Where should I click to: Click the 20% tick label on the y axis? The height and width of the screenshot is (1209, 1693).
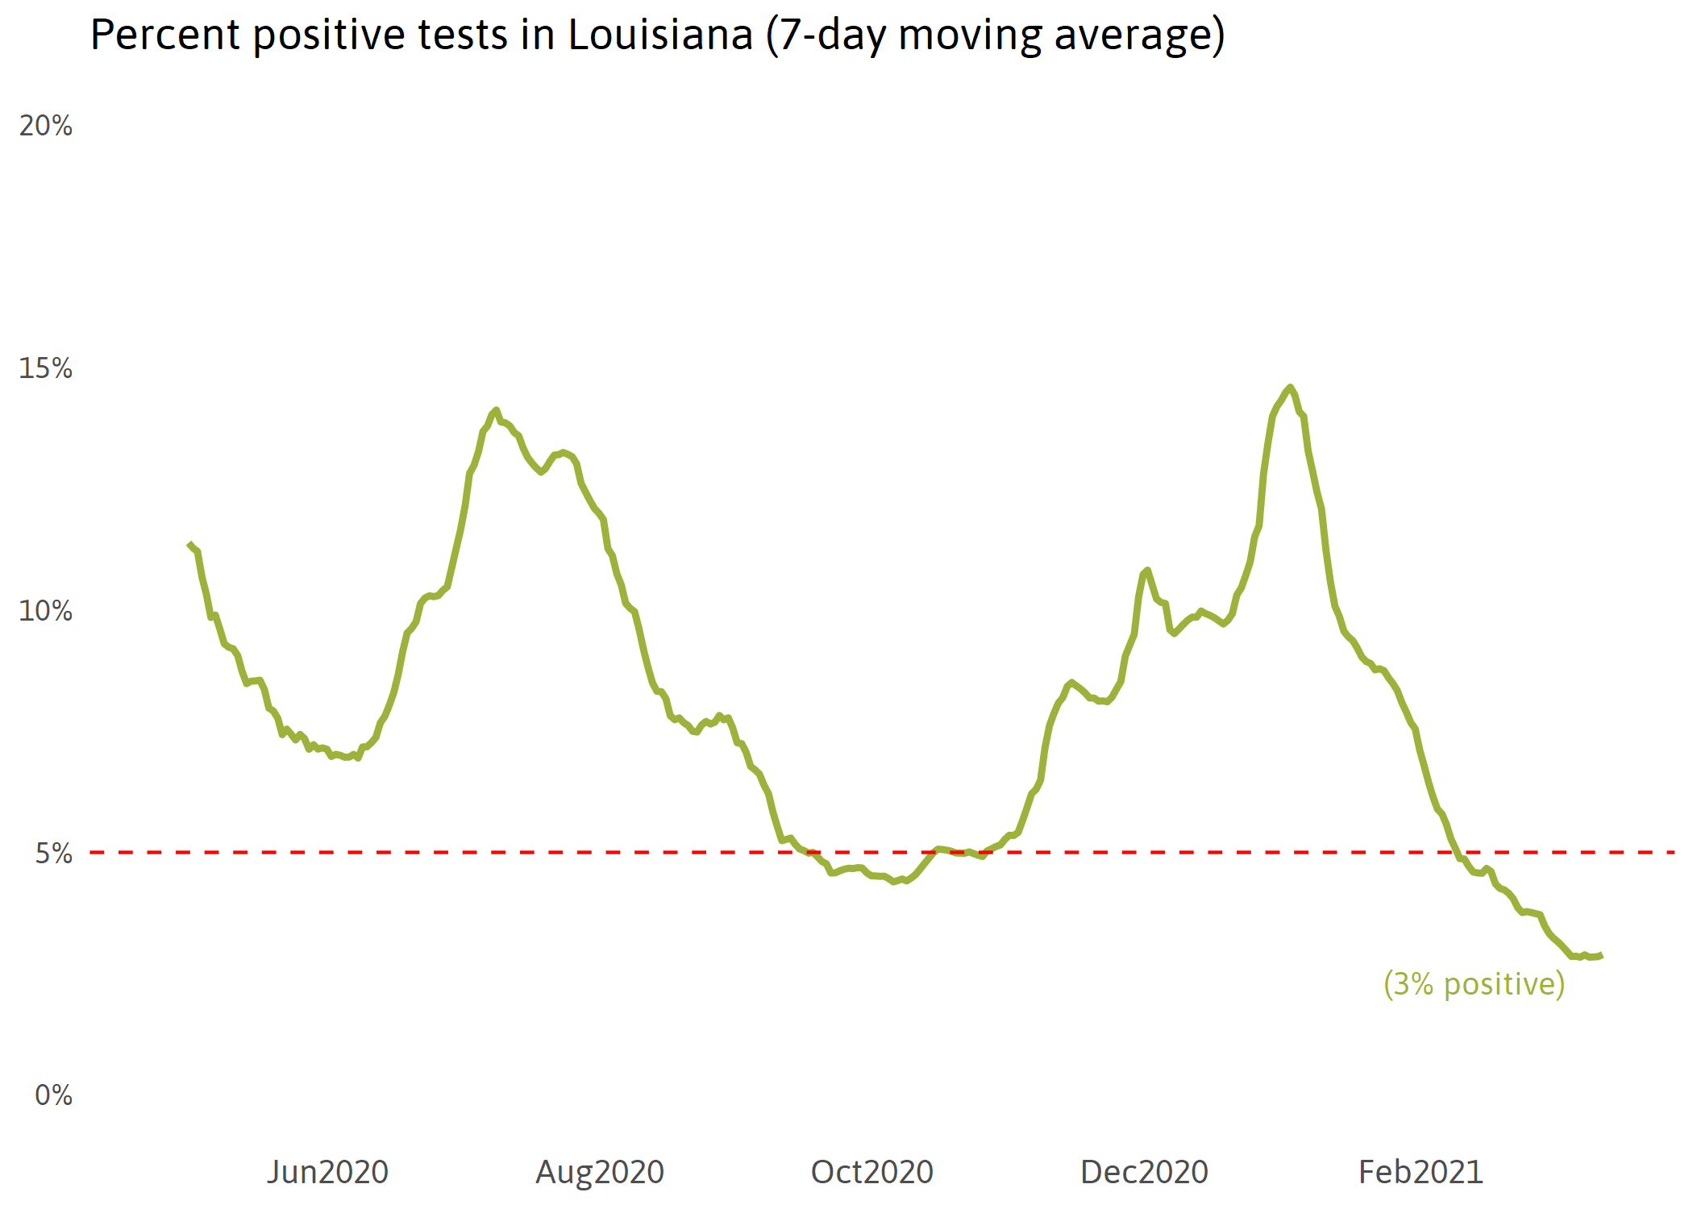pyautogui.click(x=46, y=126)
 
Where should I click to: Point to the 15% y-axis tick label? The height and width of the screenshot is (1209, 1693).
pyautogui.click(x=46, y=368)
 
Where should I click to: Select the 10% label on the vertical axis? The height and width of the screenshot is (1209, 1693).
pyautogui.click(x=46, y=611)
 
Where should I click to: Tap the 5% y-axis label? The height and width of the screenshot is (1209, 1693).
pyautogui.click(x=53, y=854)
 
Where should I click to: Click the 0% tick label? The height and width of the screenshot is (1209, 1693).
pyautogui.click(x=53, y=1095)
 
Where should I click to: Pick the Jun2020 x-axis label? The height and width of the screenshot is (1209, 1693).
pyautogui.click(x=327, y=1172)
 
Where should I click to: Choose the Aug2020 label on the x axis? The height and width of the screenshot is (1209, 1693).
pyautogui.click(x=600, y=1172)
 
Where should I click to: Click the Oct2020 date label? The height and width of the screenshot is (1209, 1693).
pyautogui.click(x=871, y=1172)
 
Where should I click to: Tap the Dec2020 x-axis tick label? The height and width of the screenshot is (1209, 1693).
pyautogui.click(x=1144, y=1172)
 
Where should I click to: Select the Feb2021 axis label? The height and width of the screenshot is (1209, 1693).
pyautogui.click(x=1421, y=1172)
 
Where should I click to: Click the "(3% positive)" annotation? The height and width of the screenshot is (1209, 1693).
pyautogui.click(x=1474, y=984)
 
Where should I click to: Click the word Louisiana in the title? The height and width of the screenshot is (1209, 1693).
pyautogui.click(x=660, y=35)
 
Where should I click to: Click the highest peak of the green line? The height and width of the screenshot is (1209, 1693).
pyautogui.click(x=1291, y=388)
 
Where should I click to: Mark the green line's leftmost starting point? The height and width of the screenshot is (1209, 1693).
pyautogui.click(x=189, y=544)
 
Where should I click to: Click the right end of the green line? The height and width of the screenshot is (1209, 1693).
pyautogui.click(x=1601, y=955)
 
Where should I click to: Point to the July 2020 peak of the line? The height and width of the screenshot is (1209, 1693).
pyautogui.click(x=496, y=410)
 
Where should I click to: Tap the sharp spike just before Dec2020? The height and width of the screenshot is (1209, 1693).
pyautogui.click(x=1146, y=570)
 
